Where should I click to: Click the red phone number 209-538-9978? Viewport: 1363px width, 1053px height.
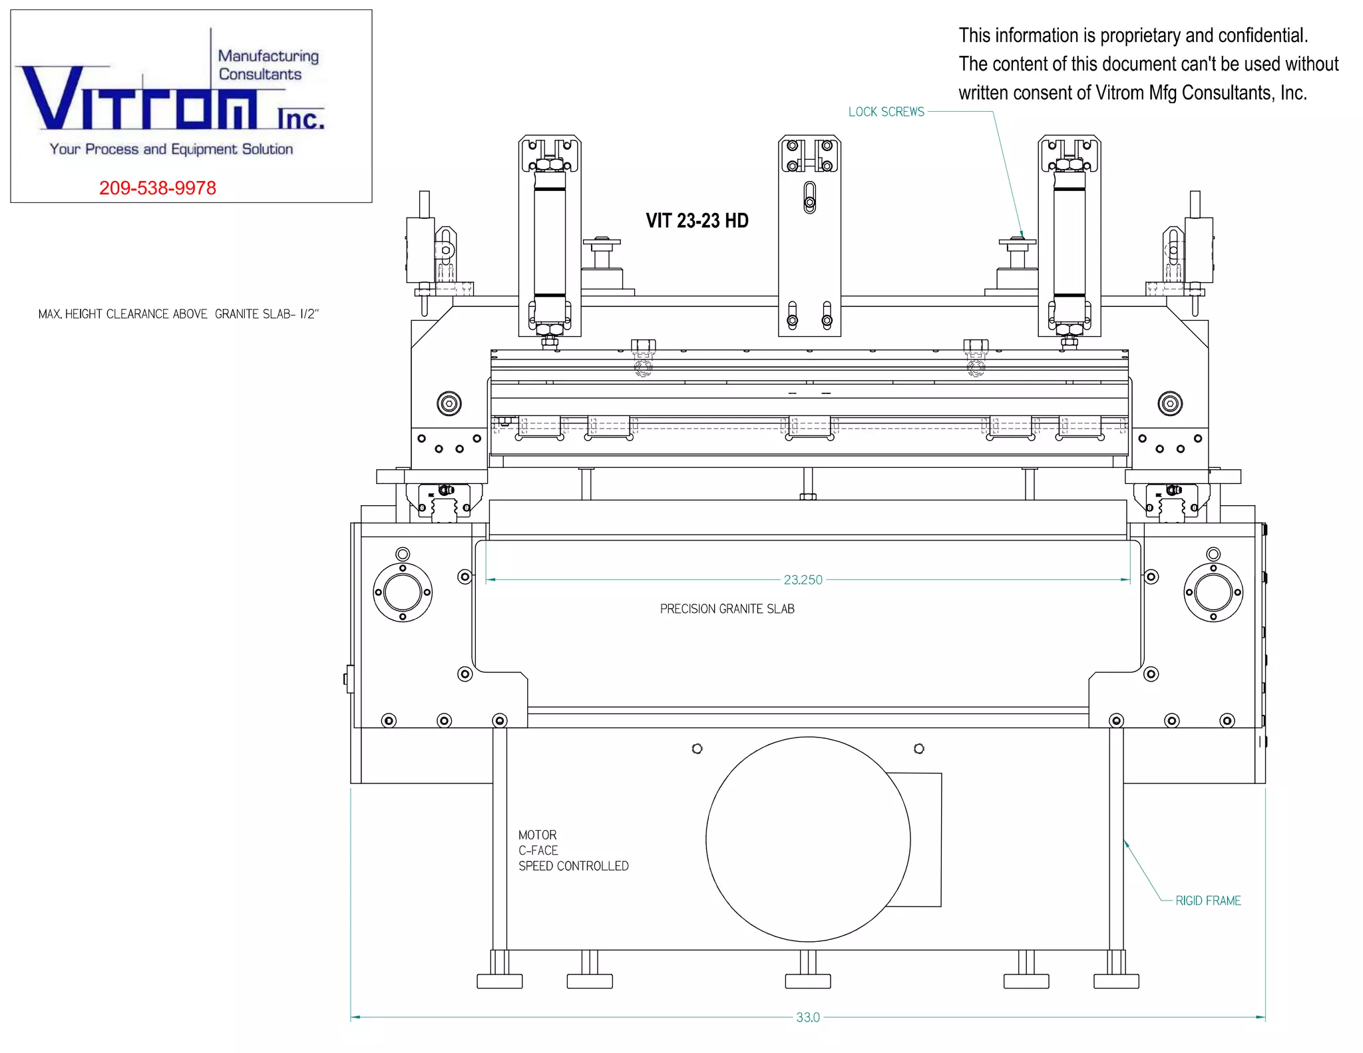click(x=158, y=188)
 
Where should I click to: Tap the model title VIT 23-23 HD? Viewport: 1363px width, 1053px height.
click(x=697, y=221)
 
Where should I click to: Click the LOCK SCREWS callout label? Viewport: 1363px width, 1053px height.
click(x=886, y=112)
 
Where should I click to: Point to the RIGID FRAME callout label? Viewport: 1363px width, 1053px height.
click(x=1208, y=901)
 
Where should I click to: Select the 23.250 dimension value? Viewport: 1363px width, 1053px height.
click(x=803, y=580)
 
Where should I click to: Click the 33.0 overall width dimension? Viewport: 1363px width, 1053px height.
click(x=808, y=1017)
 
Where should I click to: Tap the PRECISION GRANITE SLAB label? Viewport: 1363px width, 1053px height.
click(x=727, y=609)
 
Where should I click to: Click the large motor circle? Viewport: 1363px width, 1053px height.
click(x=706, y=839)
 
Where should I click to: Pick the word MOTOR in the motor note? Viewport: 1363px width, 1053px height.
click(x=537, y=835)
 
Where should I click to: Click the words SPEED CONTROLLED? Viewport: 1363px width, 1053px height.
click(x=573, y=866)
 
